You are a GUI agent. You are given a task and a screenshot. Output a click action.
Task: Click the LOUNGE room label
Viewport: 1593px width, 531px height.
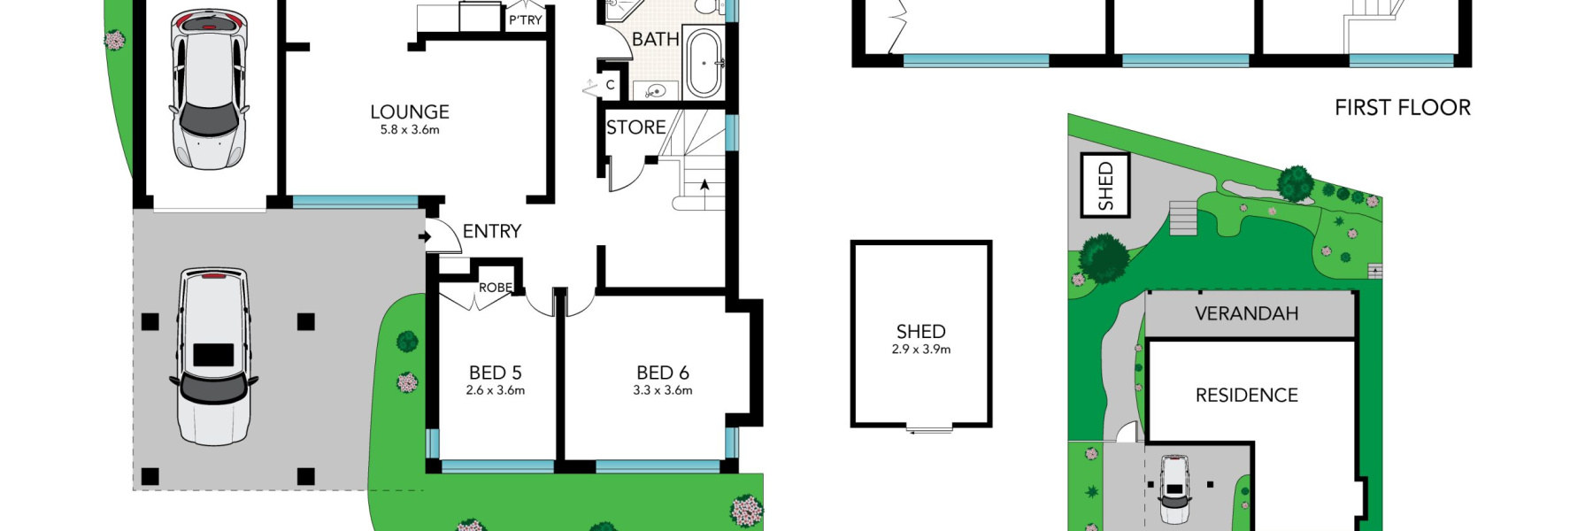[410, 112]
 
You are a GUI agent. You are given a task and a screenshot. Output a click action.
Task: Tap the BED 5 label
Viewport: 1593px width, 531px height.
[495, 373]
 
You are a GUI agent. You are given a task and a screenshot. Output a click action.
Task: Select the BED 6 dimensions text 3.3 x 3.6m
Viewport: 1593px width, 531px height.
[662, 390]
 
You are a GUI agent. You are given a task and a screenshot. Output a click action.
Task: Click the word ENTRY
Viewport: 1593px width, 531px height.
[491, 231]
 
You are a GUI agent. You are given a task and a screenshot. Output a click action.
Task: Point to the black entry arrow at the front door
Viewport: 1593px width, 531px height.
[425, 236]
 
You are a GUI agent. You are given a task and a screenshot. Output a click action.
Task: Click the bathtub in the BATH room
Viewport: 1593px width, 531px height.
[704, 63]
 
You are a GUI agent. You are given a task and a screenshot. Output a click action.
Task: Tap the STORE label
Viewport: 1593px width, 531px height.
[635, 127]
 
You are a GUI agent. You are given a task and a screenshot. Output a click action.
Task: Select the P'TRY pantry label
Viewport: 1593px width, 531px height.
[525, 19]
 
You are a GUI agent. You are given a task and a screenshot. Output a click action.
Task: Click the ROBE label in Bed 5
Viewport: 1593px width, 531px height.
[495, 288]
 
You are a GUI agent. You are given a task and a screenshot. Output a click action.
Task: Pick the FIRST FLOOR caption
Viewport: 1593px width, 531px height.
[1402, 108]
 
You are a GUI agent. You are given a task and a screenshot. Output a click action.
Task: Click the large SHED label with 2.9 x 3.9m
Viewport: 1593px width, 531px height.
[920, 332]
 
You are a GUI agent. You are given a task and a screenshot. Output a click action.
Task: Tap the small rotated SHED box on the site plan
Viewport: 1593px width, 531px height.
[1105, 185]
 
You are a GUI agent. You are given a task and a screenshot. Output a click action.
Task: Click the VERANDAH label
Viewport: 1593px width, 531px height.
[1246, 313]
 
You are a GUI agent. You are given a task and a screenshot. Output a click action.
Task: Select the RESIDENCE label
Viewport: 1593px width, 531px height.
[1246, 395]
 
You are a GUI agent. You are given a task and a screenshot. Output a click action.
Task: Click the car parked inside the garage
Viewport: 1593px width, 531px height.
[208, 88]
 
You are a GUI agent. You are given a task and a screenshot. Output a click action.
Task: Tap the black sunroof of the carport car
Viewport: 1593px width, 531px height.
[213, 355]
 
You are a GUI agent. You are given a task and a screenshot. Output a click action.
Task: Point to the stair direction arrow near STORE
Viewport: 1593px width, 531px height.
[704, 186]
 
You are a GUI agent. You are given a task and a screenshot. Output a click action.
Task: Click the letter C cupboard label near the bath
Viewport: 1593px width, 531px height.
[610, 86]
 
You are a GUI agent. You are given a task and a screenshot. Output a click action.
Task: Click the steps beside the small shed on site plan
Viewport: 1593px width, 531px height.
[1183, 218]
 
